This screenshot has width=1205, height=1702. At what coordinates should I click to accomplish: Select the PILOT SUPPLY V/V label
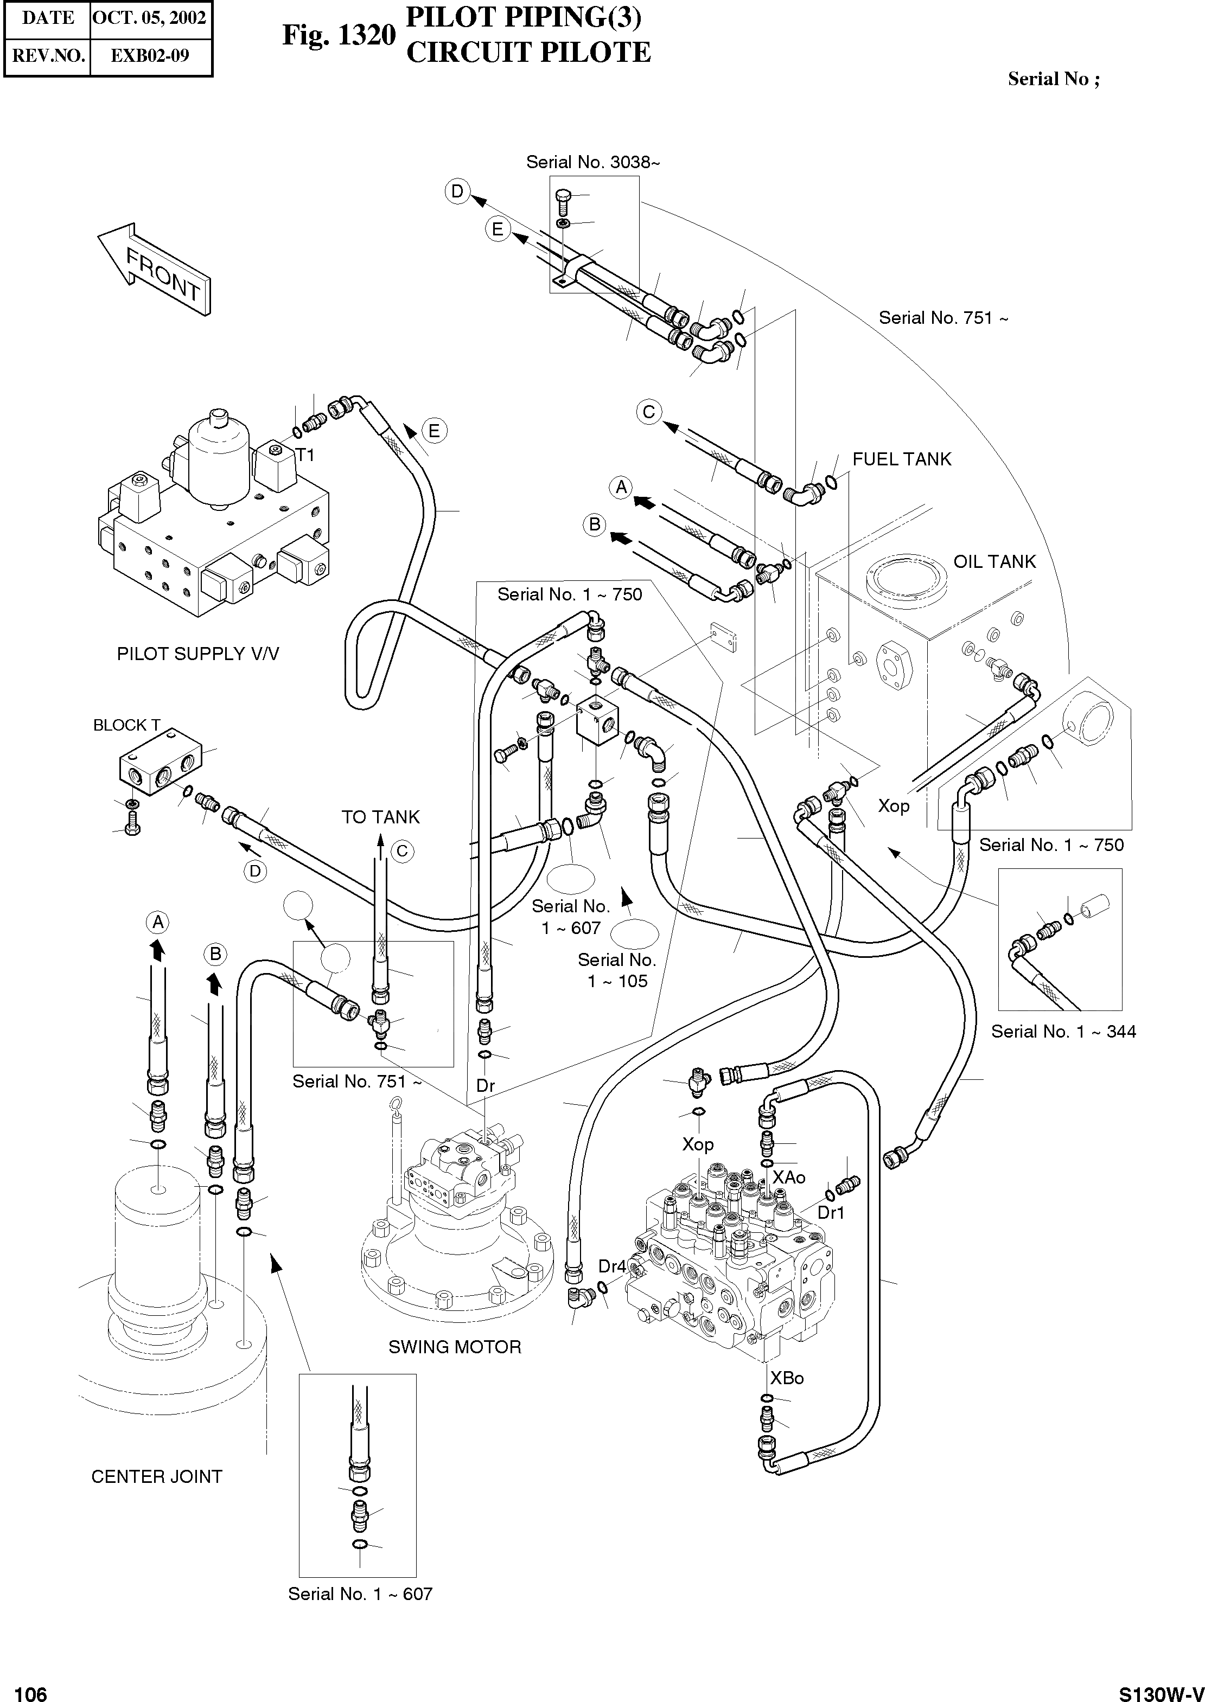point(198,654)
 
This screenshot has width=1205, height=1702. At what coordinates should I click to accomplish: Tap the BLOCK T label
point(126,725)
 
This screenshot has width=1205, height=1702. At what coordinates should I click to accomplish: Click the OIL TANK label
point(994,562)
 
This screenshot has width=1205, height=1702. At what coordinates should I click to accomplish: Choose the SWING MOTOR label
point(455,1347)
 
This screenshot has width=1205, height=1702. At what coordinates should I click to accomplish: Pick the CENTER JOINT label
point(157,1476)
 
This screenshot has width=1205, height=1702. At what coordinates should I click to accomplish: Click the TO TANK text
point(381,817)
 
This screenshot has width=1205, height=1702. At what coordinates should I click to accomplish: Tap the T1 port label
point(305,456)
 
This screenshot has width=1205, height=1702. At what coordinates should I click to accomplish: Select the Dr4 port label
point(612,1266)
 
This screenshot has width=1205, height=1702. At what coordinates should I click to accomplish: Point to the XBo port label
point(787,1378)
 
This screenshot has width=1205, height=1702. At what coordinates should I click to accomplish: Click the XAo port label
point(789,1177)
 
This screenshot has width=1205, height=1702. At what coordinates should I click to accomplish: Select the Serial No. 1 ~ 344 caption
point(1063,1032)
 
